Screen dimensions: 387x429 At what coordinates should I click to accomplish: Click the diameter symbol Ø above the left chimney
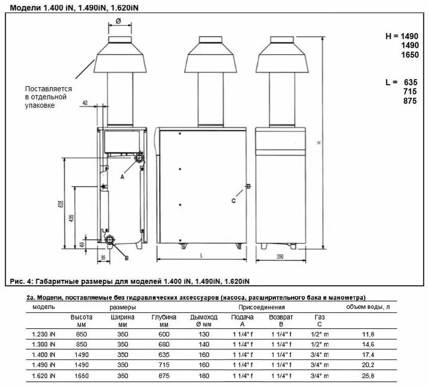click(x=117, y=21)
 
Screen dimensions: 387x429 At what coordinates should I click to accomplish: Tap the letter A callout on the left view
click(x=122, y=177)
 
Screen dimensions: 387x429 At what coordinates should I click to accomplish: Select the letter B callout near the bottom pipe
click(x=127, y=258)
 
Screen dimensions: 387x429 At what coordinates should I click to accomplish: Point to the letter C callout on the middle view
click(x=233, y=201)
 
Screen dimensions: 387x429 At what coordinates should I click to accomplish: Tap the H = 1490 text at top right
click(x=401, y=36)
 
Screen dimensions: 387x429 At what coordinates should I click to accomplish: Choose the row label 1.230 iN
click(x=44, y=334)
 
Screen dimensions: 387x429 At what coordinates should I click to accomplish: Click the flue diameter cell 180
click(x=204, y=376)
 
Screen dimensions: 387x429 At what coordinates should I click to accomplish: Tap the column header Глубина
click(x=163, y=317)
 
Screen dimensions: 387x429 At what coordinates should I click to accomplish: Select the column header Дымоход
click(x=204, y=317)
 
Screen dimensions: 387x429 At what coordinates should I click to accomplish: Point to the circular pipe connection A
click(x=139, y=158)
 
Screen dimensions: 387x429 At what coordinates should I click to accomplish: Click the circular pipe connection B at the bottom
click(x=110, y=240)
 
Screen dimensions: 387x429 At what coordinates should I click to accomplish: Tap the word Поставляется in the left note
click(x=49, y=88)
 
